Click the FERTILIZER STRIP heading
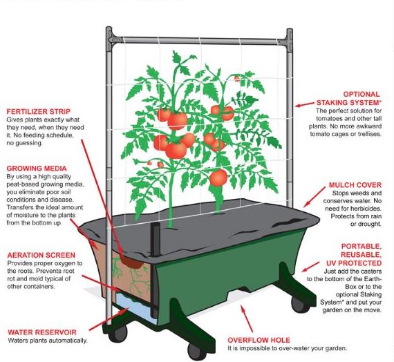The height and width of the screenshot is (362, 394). coord(39,111)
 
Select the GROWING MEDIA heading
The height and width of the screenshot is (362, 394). coord(37,169)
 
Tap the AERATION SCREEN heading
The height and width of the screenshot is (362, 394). coord(41,255)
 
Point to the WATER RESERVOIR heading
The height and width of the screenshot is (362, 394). coord(42,332)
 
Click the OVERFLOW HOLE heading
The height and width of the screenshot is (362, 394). coord(259,340)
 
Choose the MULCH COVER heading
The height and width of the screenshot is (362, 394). coord(355,185)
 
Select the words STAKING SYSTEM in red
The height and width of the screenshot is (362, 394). coord(348,102)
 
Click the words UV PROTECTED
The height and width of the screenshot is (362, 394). coord(354,263)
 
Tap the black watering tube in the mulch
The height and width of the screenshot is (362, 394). coord(155,239)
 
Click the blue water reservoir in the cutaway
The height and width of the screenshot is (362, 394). coord(135,307)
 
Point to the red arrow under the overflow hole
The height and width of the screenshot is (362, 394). coord(247,318)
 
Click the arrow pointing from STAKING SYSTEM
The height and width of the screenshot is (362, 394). coord(305,104)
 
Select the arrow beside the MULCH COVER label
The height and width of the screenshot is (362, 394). coord(314,197)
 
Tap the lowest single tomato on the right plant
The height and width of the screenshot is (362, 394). coord(218,178)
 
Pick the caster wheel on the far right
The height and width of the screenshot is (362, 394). coord(299,305)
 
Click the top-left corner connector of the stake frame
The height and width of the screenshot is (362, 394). coord(111,39)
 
